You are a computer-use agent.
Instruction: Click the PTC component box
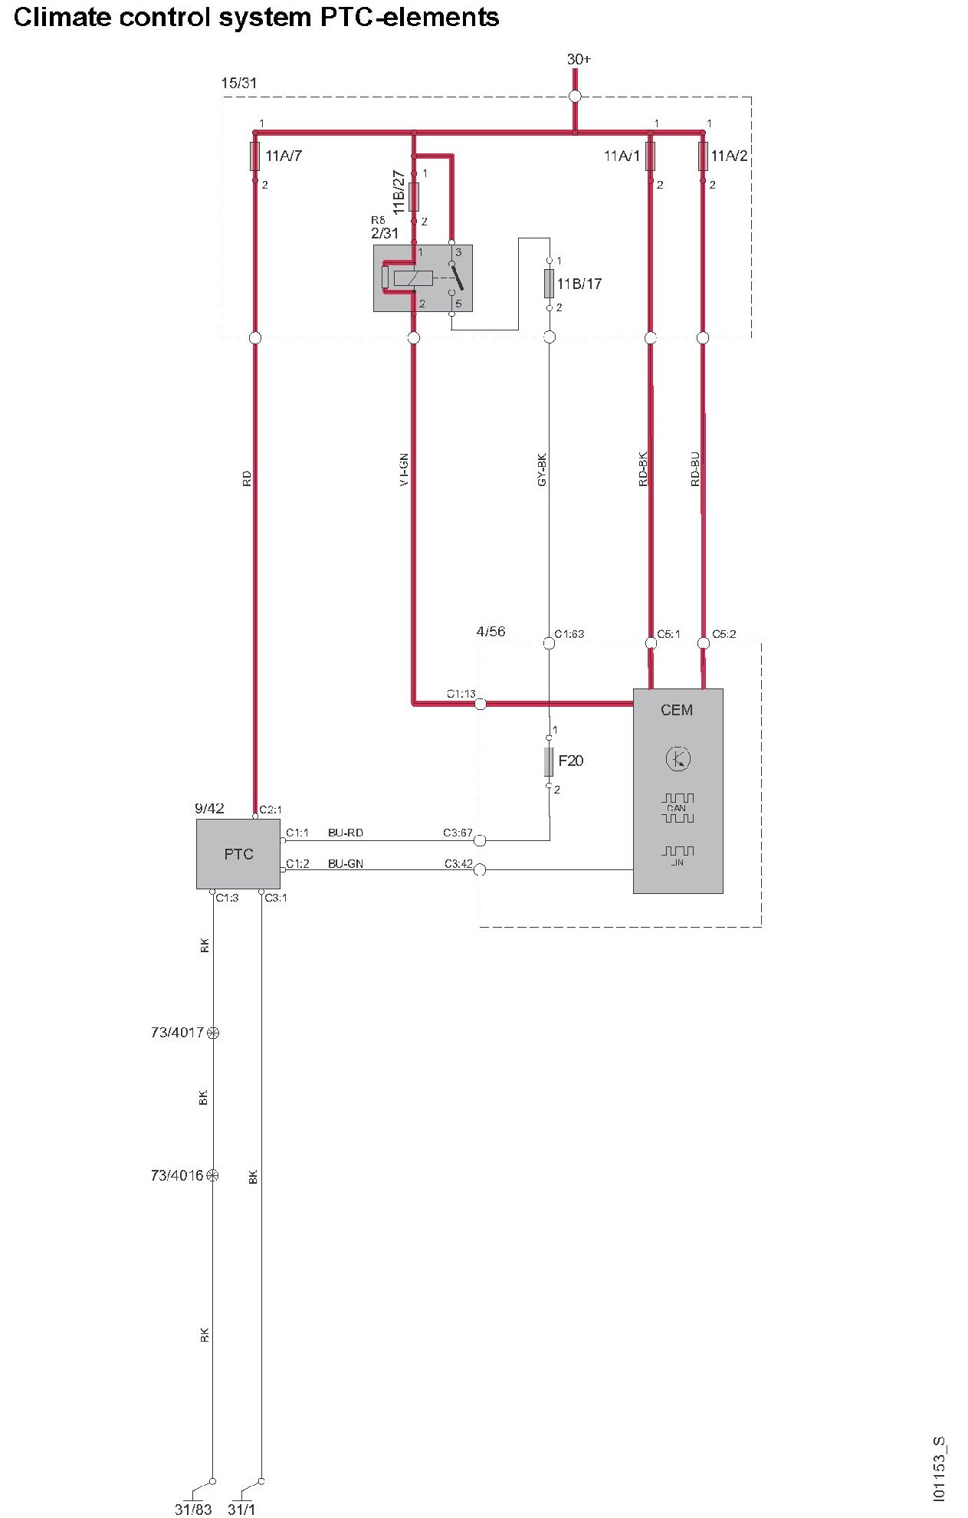coord(238,853)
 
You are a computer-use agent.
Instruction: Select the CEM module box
coord(678,790)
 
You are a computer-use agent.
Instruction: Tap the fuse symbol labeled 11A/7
coord(255,156)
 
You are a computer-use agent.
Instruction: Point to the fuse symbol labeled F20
coord(549,761)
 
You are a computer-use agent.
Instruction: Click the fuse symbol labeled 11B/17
coord(549,284)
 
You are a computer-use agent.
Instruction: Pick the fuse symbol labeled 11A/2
coord(703,156)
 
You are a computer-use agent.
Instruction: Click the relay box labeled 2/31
coord(422,278)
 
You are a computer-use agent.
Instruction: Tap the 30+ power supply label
coord(579,59)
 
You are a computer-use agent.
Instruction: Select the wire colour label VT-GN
coord(404,470)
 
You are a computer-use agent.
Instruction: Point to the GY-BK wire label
coord(542,470)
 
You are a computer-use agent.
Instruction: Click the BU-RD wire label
coord(346,833)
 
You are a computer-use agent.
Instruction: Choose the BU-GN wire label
coord(346,863)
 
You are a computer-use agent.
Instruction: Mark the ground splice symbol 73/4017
coord(213,1033)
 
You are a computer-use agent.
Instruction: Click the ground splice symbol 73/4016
coord(213,1175)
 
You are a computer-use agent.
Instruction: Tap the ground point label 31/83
coord(193,1509)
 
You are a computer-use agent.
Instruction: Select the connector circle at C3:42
coord(480,869)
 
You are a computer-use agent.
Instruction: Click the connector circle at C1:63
coord(549,643)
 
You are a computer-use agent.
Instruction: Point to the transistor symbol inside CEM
coord(678,759)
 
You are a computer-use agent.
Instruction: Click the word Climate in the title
coord(62,17)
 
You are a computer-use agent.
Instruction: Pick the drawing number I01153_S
coord(940,1469)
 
